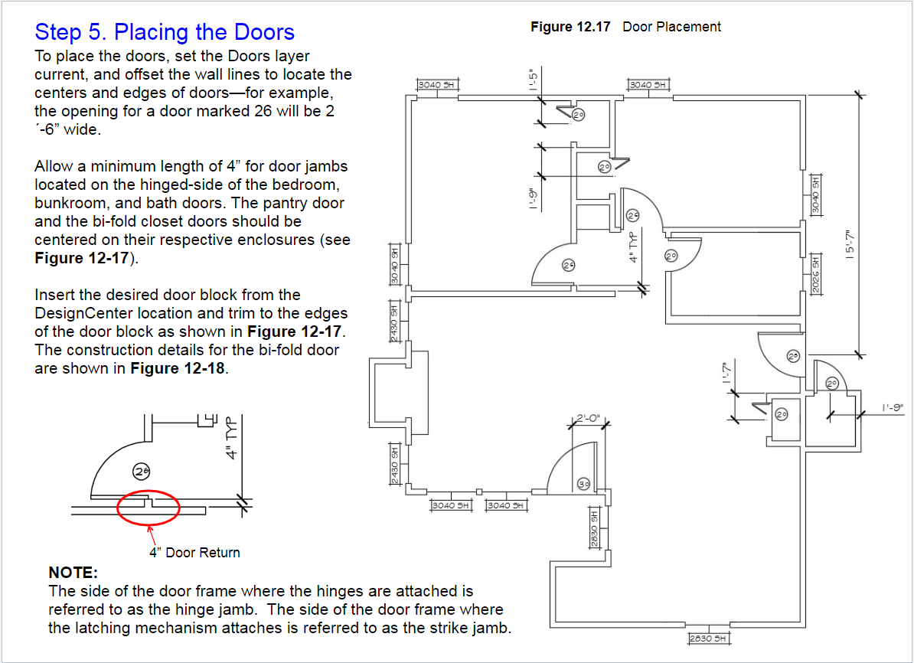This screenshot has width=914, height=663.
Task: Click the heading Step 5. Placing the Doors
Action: (165, 32)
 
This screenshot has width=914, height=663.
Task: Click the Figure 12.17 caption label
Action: (570, 27)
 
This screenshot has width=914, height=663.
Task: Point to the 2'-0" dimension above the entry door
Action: (589, 419)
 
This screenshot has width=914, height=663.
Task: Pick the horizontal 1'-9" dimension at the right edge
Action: (893, 407)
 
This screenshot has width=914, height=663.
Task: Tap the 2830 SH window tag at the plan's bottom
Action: (707, 638)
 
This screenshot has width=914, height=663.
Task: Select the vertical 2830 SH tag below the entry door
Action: (593, 527)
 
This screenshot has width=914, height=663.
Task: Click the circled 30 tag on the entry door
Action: (584, 484)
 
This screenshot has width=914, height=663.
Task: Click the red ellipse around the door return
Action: (149, 507)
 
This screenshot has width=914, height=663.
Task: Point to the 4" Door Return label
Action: (194, 552)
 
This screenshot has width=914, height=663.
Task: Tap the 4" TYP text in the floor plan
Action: (634, 247)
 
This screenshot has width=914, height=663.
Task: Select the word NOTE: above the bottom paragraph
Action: (73, 572)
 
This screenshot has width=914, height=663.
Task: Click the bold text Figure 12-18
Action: (179, 368)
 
